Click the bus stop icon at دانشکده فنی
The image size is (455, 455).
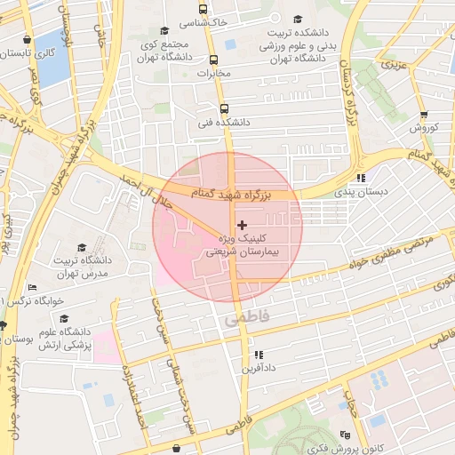point(223,109)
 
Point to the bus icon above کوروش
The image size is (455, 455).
point(423,115)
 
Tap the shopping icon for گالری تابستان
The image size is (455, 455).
point(30,40)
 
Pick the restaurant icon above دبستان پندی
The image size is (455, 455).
point(360,178)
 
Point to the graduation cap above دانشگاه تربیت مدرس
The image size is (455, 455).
point(82,248)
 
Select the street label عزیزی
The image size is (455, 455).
point(391,64)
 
